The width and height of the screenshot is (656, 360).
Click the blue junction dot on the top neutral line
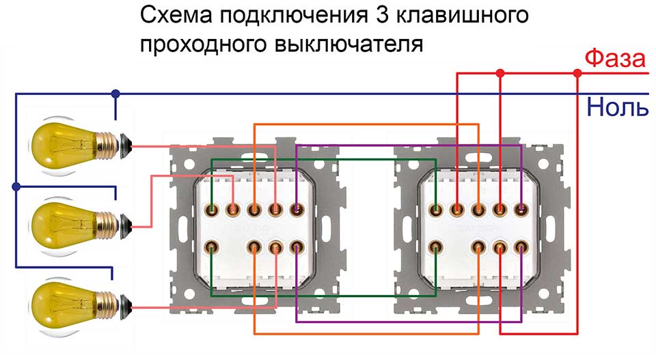[x=115, y=93]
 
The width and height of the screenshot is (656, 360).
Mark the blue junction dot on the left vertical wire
[x=15, y=185]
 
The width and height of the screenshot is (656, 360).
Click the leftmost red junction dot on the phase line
[x=500, y=72]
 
